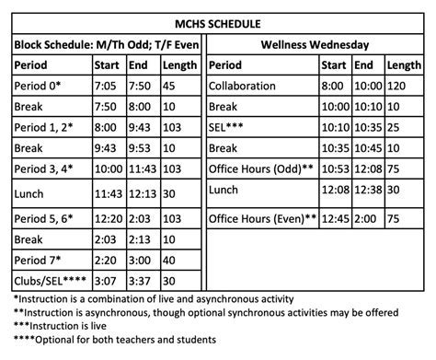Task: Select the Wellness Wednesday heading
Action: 316,43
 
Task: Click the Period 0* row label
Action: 39,86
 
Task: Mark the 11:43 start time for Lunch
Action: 109,194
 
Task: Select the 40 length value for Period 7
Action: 171,261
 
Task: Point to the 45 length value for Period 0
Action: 171,86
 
